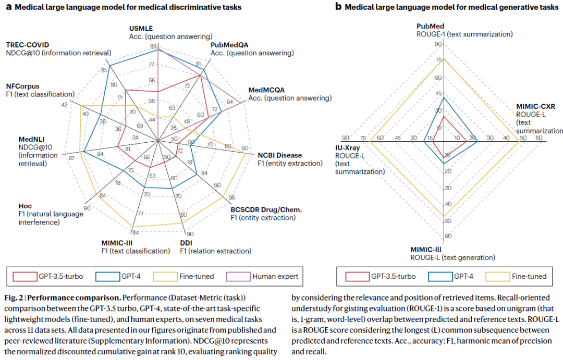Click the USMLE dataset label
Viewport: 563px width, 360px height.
point(141,28)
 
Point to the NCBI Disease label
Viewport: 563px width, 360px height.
point(279,155)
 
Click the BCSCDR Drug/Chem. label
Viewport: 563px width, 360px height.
point(266,209)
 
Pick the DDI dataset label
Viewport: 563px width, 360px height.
point(187,243)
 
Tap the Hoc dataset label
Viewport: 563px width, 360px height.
point(25,206)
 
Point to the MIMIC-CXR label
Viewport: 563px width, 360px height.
point(535,106)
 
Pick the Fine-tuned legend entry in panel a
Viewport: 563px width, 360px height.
point(197,276)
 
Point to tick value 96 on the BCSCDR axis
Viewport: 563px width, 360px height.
point(231,197)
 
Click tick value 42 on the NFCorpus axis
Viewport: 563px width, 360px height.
point(64,105)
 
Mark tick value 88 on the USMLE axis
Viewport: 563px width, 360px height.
point(153,46)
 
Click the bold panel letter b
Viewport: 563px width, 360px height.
point(338,7)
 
